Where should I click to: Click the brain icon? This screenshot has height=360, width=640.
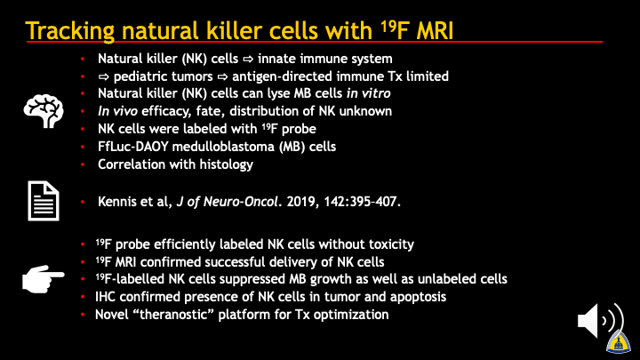point(44,110)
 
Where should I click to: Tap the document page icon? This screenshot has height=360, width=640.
point(44,201)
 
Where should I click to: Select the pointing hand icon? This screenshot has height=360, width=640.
point(43,279)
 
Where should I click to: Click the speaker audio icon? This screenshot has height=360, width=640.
point(600,321)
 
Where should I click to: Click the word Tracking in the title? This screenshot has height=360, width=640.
point(70,31)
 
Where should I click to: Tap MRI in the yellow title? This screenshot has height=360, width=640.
point(435,30)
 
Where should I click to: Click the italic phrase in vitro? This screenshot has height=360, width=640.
point(369,93)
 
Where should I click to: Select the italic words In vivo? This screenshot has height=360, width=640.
point(117,111)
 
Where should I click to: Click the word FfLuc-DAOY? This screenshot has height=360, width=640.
point(133,147)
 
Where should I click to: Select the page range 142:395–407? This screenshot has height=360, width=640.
point(362,202)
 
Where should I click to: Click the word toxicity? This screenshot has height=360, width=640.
point(391,244)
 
